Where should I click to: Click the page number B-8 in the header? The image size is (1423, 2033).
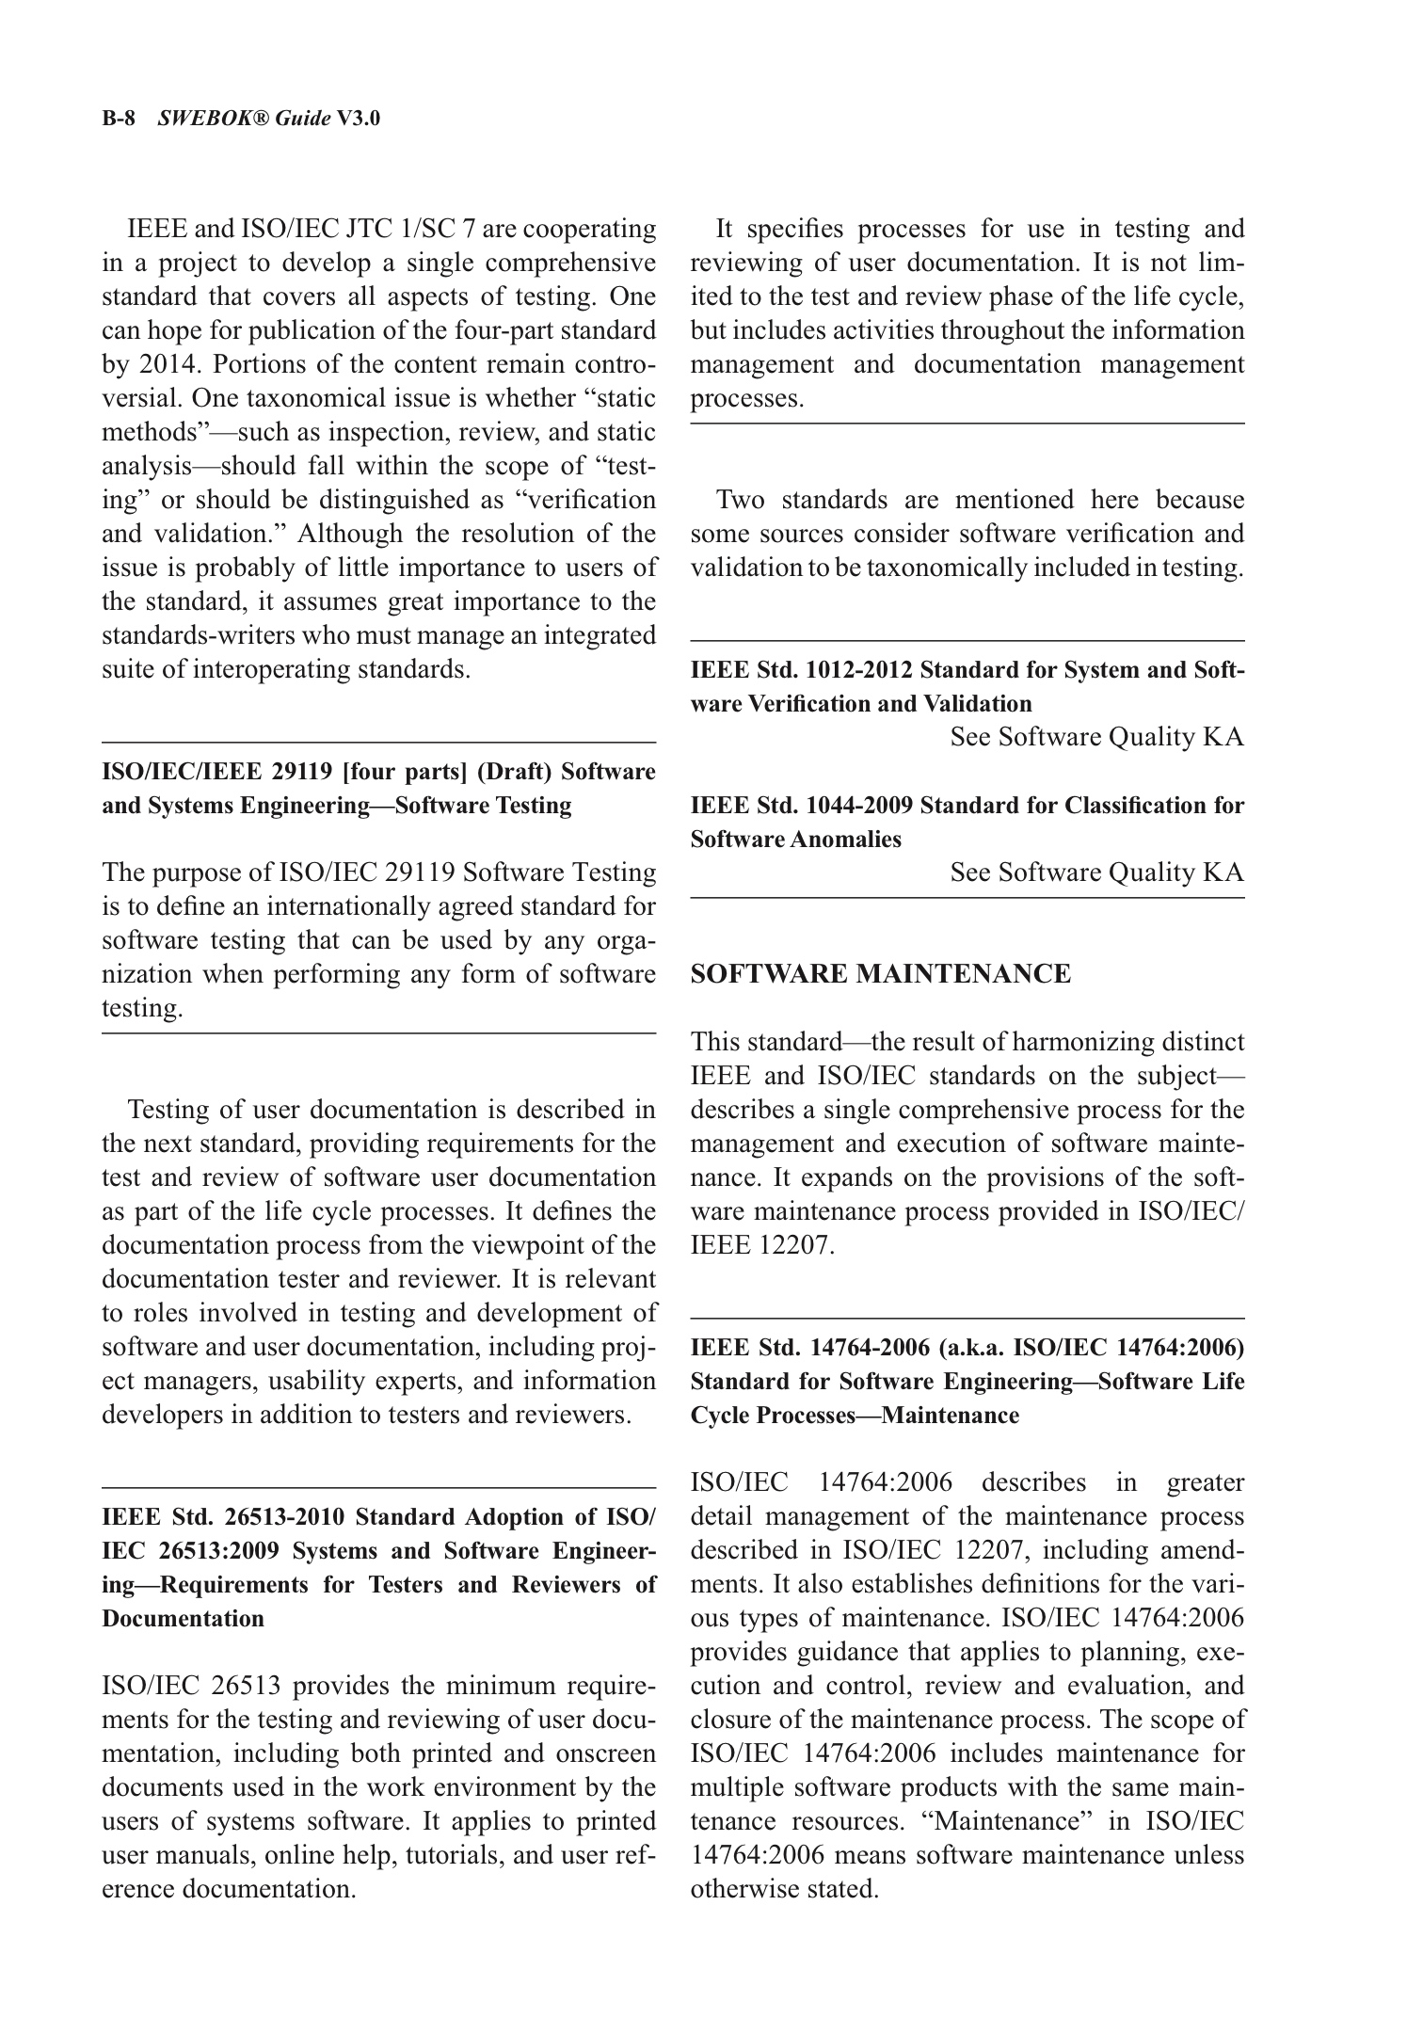(119, 119)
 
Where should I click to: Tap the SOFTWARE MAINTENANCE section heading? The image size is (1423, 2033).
(880, 973)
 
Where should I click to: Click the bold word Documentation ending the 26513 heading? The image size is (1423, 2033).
(183, 1619)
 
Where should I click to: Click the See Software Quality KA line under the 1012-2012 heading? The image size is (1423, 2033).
(1096, 737)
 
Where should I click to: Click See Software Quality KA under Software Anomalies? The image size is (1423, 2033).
(1096, 872)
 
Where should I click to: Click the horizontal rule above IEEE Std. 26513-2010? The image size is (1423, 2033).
(378, 1487)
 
